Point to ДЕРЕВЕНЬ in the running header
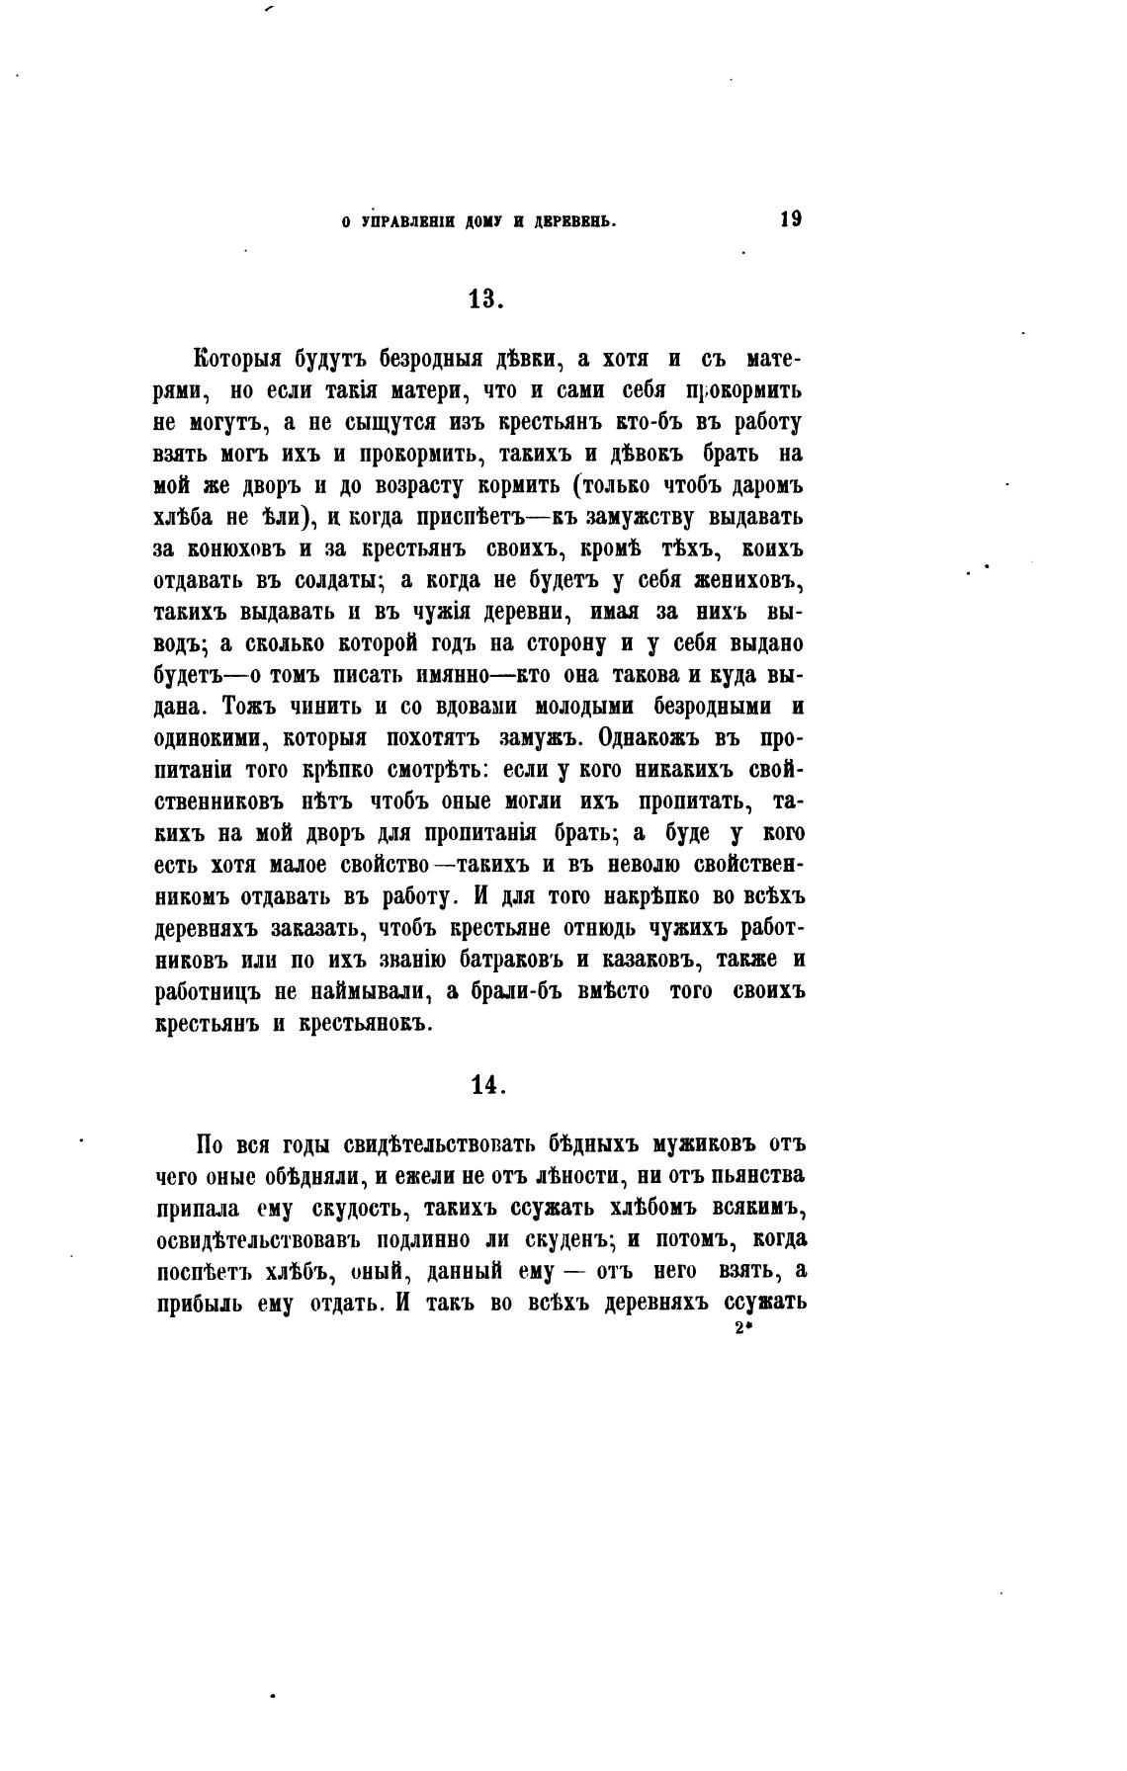pyautogui.click(x=576, y=223)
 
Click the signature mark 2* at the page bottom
pyautogui.click(x=744, y=1329)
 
